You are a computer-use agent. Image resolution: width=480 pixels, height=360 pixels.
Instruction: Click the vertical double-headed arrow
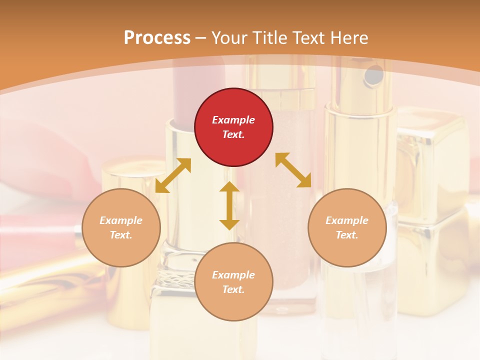pyautogui.click(x=229, y=205)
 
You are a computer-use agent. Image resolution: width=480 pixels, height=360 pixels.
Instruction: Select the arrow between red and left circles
pyautogui.click(x=173, y=175)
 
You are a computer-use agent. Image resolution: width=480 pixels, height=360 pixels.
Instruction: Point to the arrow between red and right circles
pyautogui.click(x=293, y=170)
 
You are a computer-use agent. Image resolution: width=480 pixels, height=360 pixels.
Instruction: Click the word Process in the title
pyautogui.click(x=157, y=37)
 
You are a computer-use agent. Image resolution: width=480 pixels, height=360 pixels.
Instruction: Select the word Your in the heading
pyautogui.click(x=229, y=38)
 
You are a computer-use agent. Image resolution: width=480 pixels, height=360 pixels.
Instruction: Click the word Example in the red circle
pyautogui.click(x=233, y=120)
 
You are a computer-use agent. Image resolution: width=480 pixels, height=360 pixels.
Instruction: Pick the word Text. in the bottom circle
pyautogui.click(x=233, y=289)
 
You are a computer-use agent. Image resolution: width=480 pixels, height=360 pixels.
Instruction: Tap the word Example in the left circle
pyautogui.click(x=121, y=220)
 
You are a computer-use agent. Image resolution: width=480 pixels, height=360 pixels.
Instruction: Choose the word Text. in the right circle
pyautogui.click(x=347, y=235)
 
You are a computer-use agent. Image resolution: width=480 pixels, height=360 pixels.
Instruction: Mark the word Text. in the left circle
pyautogui.click(x=121, y=235)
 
